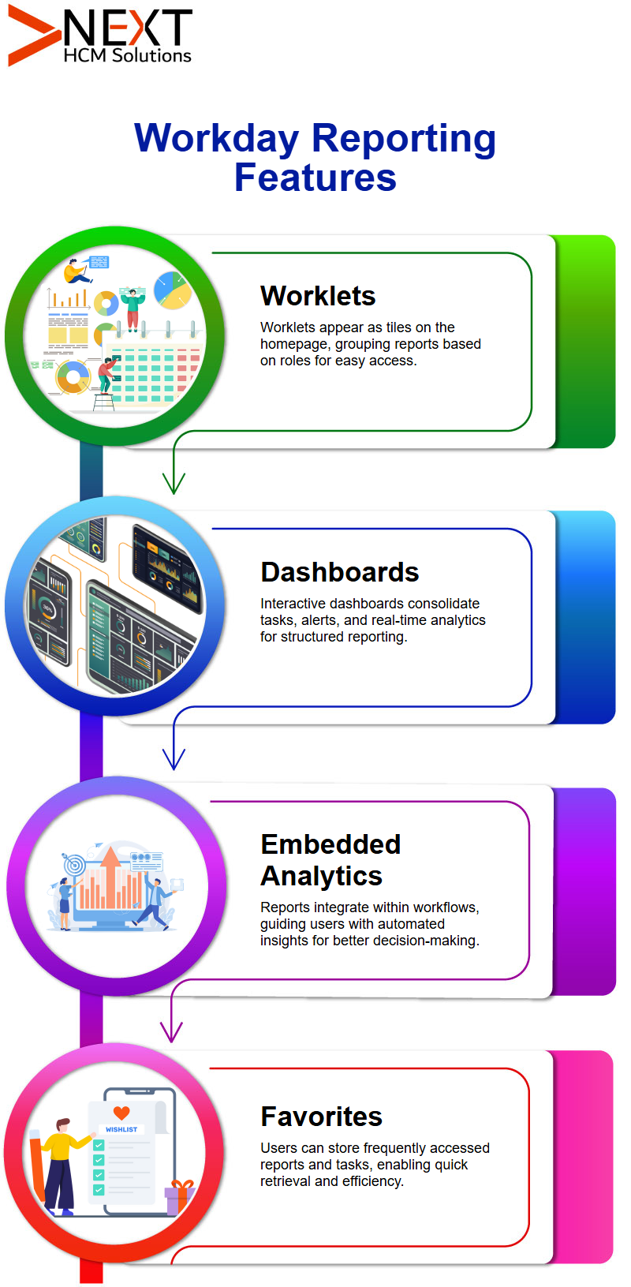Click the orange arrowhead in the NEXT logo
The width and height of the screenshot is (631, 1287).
(32, 36)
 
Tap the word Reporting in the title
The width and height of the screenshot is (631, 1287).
(404, 139)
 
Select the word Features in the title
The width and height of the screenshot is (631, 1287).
(315, 177)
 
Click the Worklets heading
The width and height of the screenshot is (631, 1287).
(318, 296)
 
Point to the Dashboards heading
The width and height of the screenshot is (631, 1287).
(339, 572)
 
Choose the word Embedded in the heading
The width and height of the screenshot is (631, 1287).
(330, 844)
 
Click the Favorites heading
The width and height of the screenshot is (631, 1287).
(321, 1117)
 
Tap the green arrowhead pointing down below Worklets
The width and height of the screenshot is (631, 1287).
(174, 483)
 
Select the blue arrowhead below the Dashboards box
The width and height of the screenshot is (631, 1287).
(174, 758)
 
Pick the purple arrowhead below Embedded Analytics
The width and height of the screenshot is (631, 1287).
(171, 1032)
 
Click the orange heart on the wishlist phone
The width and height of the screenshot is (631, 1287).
(121, 1113)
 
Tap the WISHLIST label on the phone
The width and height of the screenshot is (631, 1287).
(121, 1129)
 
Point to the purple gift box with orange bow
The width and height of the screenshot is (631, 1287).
(178, 1197)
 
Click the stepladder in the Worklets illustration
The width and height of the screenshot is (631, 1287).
(104, 402)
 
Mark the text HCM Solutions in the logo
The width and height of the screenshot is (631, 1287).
(127, 55)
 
